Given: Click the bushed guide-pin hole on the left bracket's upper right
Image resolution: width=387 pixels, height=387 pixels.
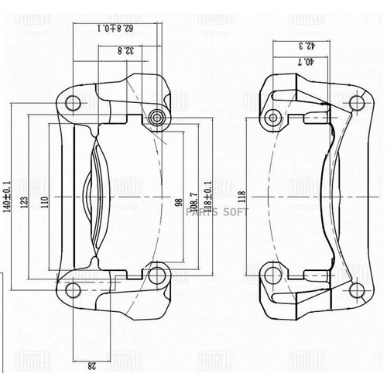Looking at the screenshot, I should click(x=160, y=118).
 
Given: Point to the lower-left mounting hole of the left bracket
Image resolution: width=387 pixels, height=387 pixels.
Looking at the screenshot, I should click(x=73, y=291).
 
